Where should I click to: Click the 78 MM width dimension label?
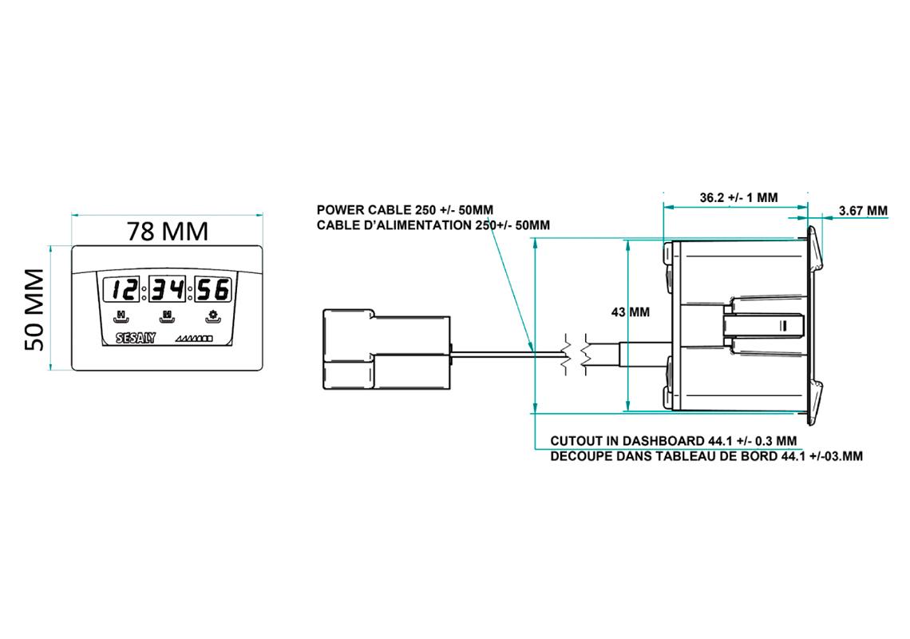168,231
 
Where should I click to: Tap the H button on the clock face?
121,316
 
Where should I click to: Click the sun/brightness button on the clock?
212,316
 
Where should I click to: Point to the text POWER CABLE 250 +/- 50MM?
405,210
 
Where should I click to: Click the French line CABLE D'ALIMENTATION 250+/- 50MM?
433,225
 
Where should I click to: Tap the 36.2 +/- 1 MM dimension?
738,196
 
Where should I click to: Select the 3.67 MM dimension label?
863,211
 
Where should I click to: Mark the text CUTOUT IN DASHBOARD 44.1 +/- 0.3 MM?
674,441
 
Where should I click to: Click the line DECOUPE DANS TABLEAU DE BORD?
706,456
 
